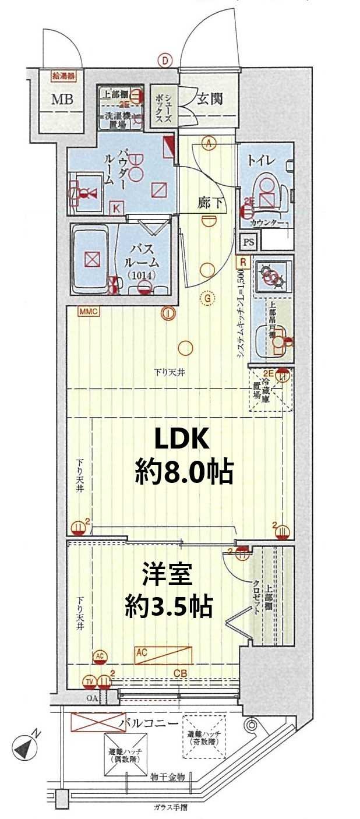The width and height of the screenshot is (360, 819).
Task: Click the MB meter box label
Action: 62,100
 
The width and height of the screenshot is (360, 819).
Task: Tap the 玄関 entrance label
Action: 209,99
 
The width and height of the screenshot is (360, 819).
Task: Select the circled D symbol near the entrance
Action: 166,59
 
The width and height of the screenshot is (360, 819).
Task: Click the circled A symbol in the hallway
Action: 209,142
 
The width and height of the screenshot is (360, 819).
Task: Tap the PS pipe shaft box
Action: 248,241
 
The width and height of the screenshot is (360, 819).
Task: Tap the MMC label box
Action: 90,312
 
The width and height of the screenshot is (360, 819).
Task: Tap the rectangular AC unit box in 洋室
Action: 163,656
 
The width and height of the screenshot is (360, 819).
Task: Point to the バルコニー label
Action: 149,723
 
